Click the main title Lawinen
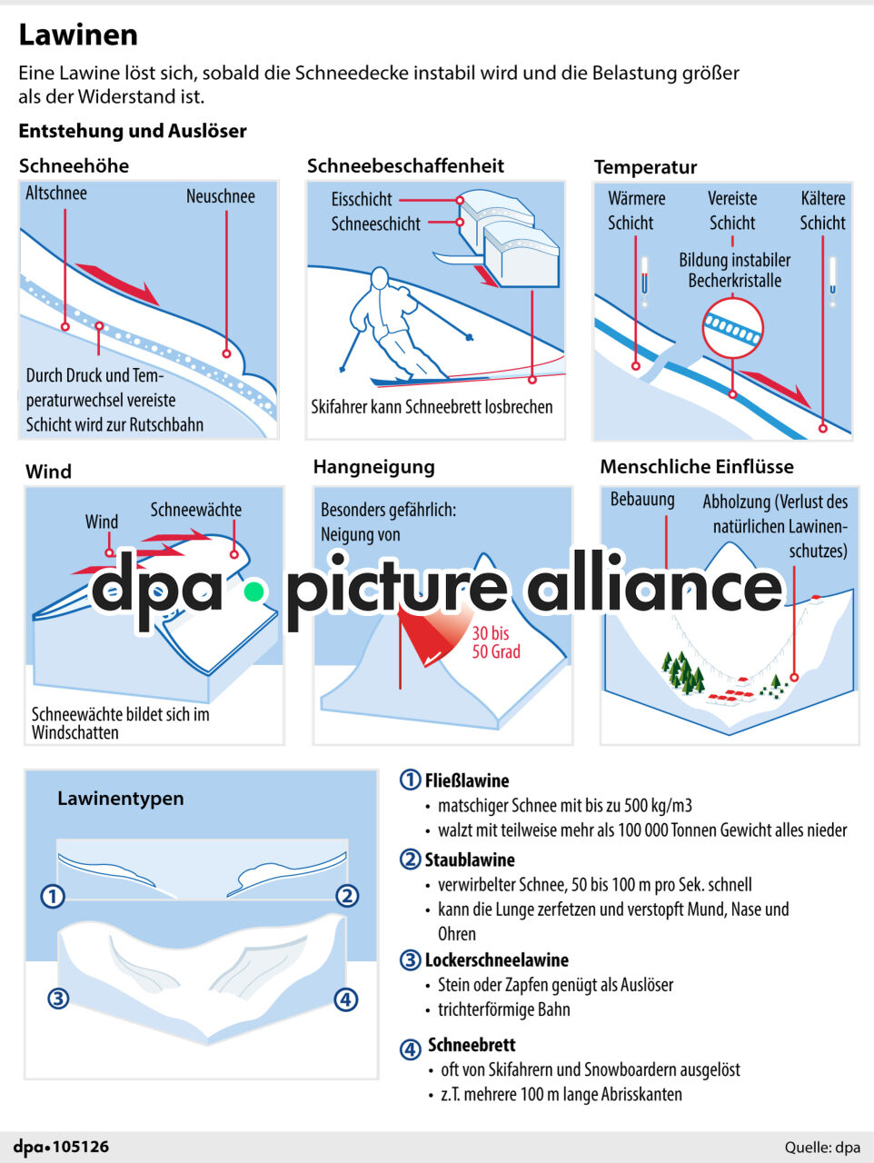click(x=78, y=35)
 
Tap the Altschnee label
click(x=56, y=194)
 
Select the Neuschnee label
click(x=220, y=196)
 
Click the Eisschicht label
click(x=362, y=200)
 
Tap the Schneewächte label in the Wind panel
click(x=196, y=510)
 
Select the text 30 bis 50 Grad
click(x=496, y=642)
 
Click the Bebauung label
click(x=642, y=500)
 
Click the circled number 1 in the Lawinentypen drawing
click(x=54, y=896)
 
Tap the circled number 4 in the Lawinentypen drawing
click(x=345, y=999)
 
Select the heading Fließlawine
click(x=467, y=780)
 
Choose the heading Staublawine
click(x=470, y=860)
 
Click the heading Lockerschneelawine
click(x=496, y=960)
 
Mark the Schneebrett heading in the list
click(x=472, y=1045)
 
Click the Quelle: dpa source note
click(x=822, y=1148)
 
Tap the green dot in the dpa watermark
click(x=253, y=592)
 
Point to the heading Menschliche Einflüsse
click(x=697, y=467)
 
